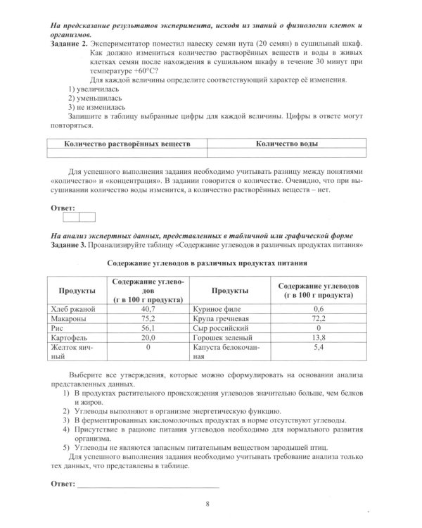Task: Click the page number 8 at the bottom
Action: [207, 503]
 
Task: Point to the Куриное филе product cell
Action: [217, 308]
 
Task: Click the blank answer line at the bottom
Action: [148, 485]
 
